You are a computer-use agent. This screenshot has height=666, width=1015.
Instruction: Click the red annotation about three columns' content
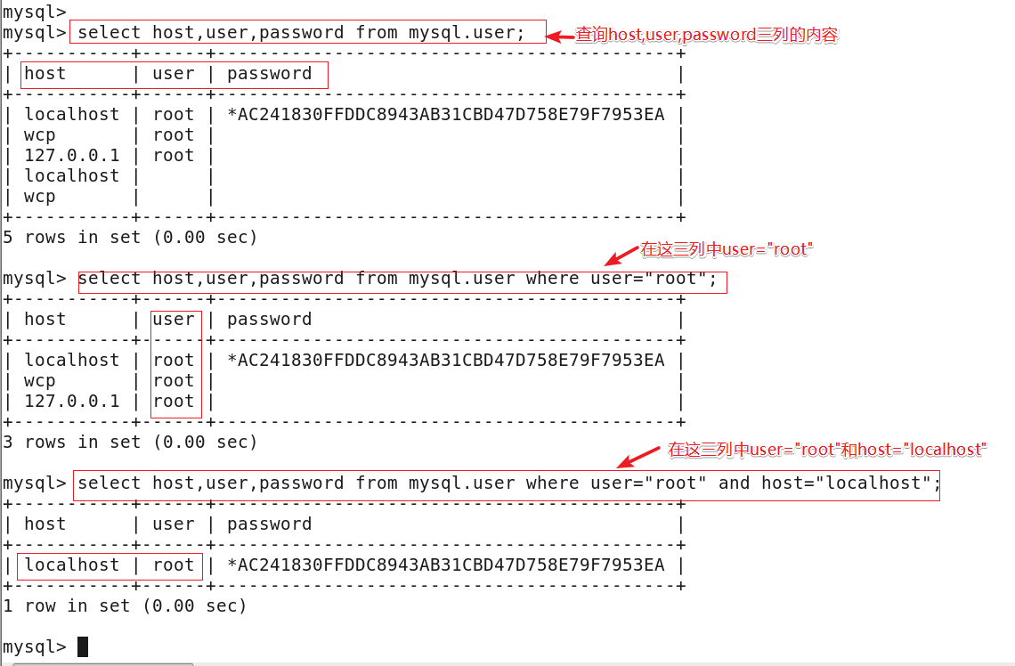click(707, 36)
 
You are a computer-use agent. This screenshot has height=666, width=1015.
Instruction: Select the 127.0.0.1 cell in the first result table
click(71, 156)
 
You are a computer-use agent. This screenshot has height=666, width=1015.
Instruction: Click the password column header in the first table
click(269, 74)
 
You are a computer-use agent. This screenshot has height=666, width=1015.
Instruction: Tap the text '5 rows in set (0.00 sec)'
click(130, 238)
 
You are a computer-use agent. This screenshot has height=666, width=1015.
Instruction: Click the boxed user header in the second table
click(174, 320)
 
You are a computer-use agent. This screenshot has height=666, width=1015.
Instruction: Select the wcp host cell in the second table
click(40, 381)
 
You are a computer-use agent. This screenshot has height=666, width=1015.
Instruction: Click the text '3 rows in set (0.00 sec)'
click(130, 443)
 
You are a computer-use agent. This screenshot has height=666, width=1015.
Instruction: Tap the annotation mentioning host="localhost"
click(827, 450)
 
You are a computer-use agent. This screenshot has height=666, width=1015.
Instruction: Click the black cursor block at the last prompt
click(83, 646)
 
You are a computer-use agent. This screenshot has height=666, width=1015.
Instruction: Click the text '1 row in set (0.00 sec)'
click(125, 606)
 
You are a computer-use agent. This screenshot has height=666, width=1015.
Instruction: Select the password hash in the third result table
click(446, 565)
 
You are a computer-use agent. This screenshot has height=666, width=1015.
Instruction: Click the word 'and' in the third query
click(735, 483)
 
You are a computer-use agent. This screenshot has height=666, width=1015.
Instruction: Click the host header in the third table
click(45, 524)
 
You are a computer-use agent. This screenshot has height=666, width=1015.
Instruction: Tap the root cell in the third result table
click(174, 565)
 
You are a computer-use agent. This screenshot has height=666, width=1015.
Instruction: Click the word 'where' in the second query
click(552, 279)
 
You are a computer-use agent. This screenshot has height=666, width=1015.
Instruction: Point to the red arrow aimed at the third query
click(637, 459)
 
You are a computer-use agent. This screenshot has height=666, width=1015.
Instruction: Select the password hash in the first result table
click(446, 115)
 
